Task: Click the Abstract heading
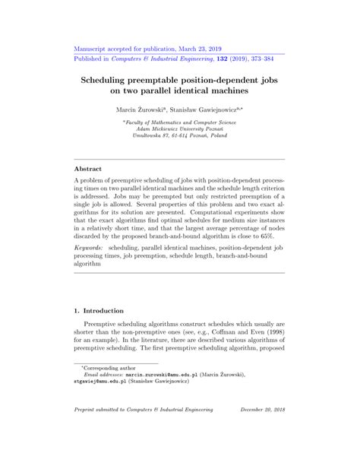(x=87, y=168)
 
